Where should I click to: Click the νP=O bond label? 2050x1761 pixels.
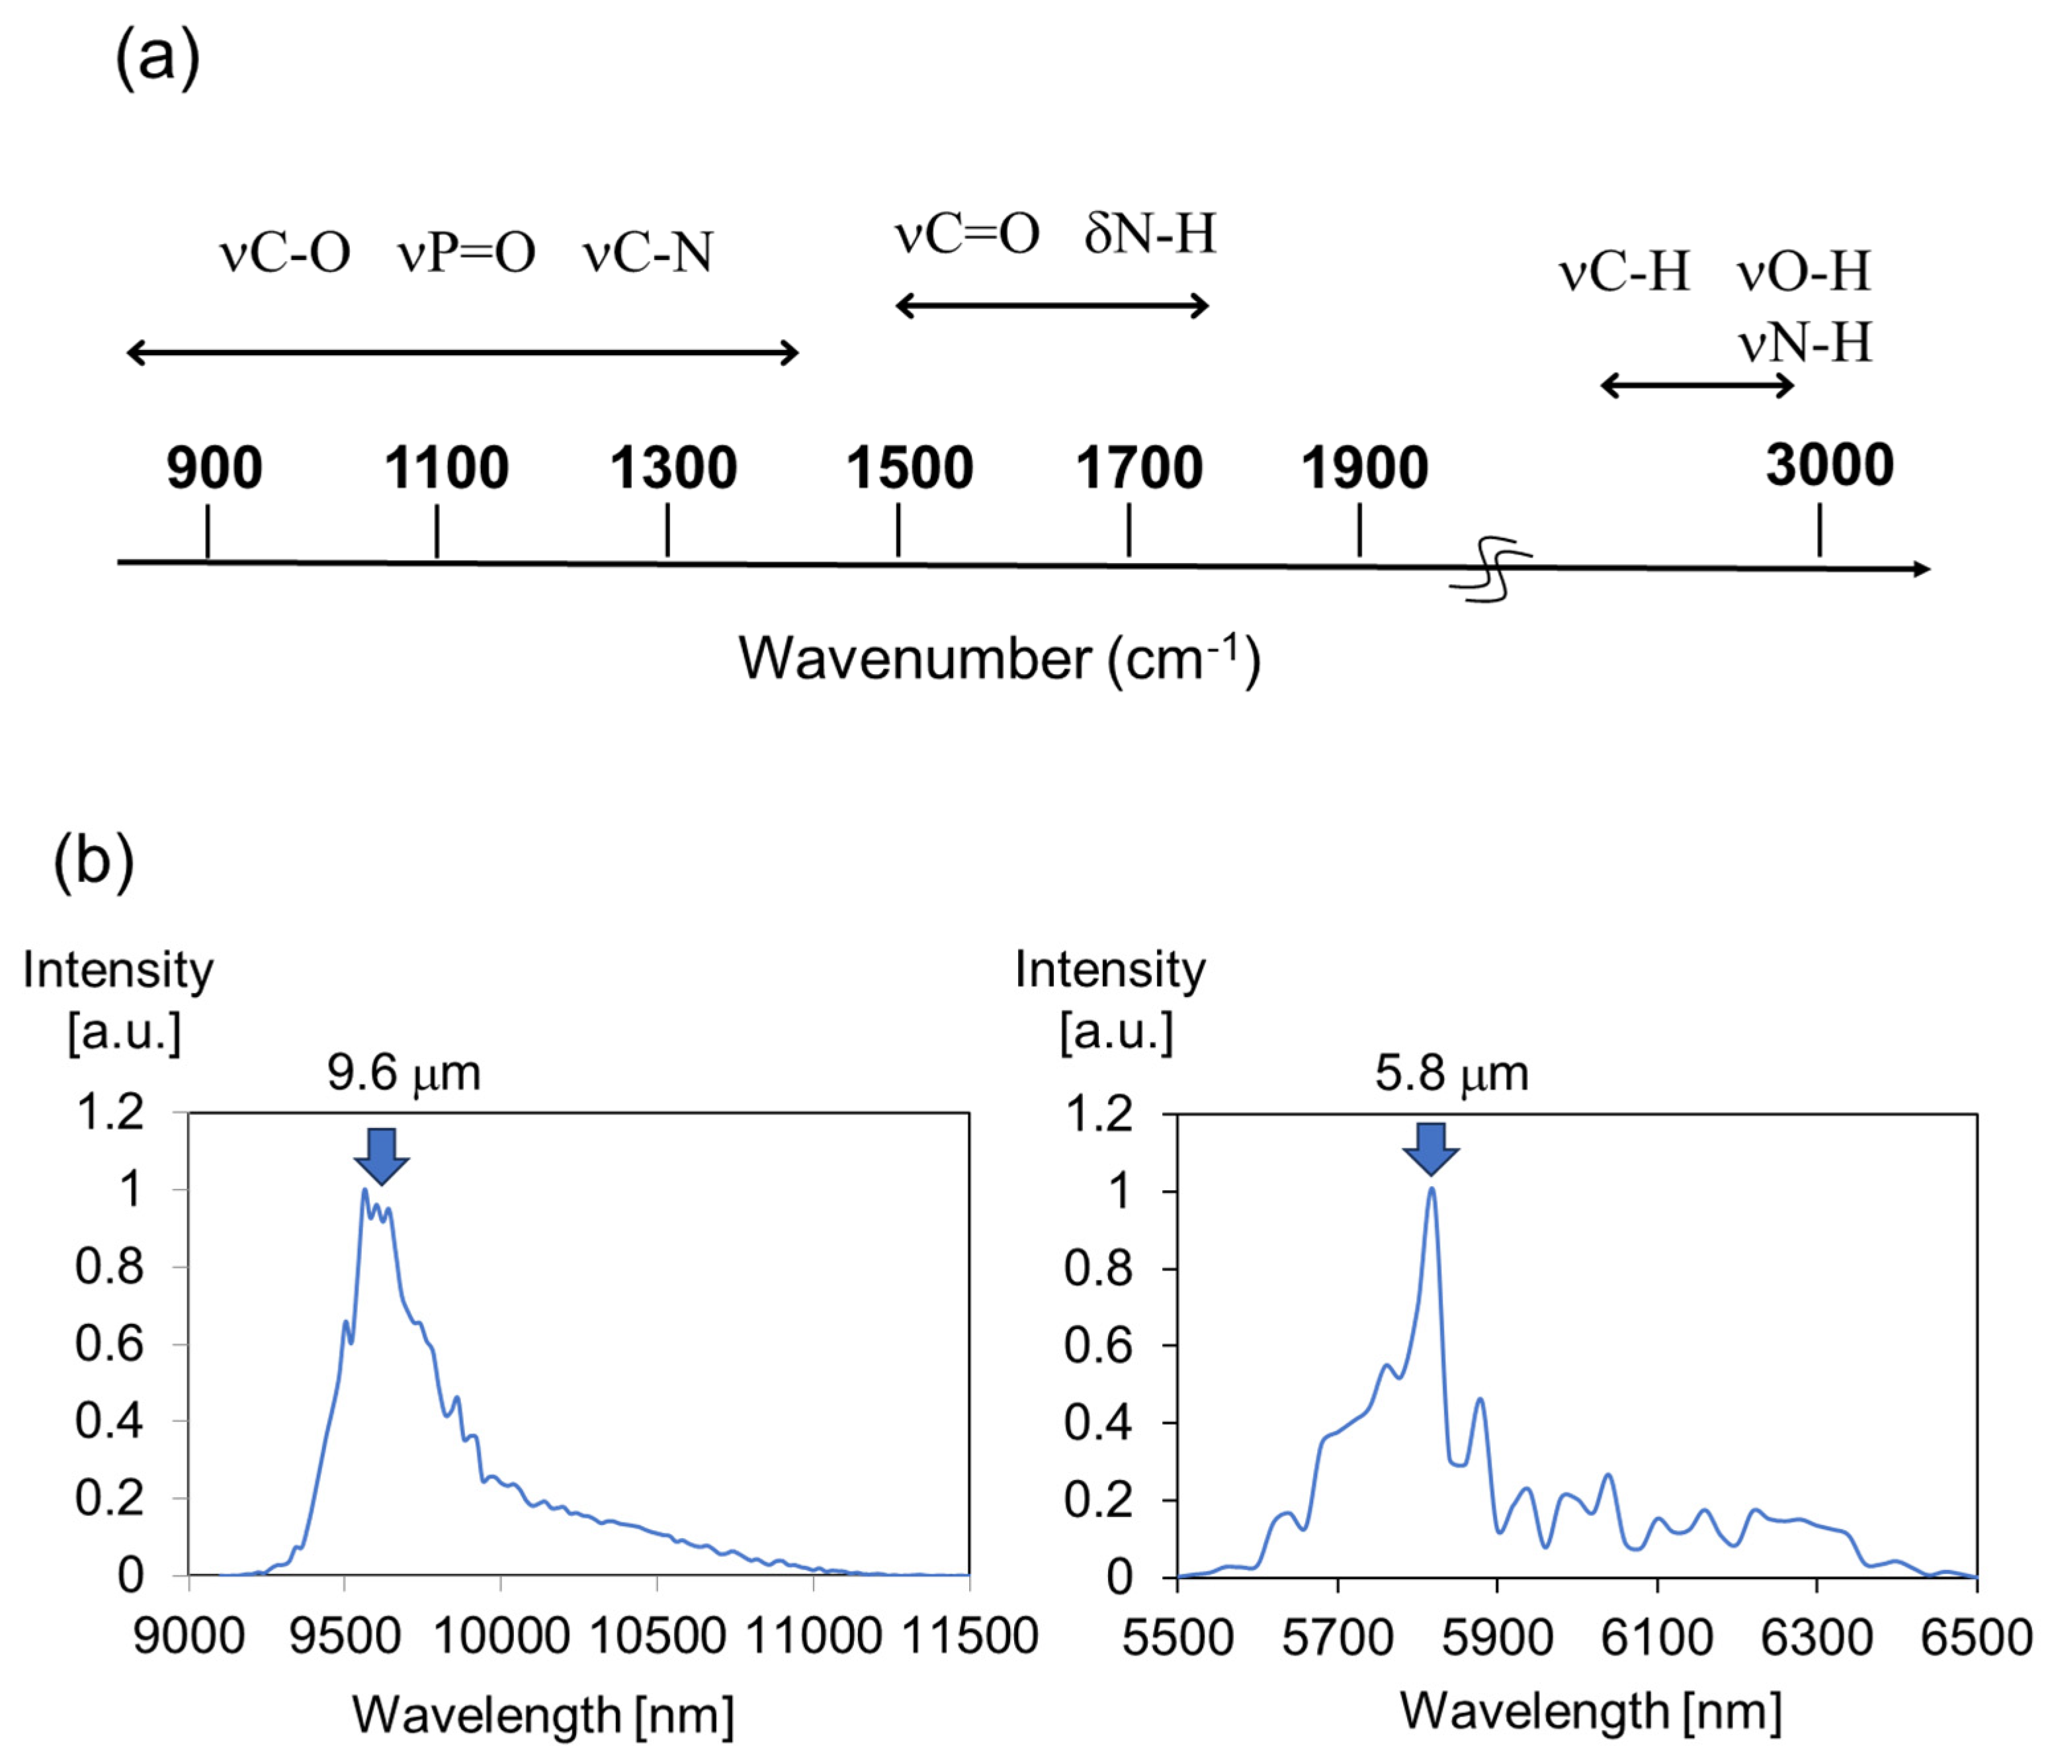tap(466, 253)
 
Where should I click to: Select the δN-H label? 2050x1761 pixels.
tap(1150, 234)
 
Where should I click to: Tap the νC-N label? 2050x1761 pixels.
tap(648, 253)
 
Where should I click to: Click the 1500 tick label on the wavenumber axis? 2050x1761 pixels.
tap(908, 468)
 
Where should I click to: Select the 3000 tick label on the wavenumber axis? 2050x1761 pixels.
tap(1829, 465)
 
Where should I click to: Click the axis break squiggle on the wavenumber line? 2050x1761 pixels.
tap(1491, 569)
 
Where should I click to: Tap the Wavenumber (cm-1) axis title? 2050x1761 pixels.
tap(1000, 659)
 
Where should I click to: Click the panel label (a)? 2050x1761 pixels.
tap(157, 58)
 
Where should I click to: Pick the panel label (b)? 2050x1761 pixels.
tap(93, 861)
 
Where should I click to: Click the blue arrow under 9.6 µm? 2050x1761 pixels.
tap(381, 1154)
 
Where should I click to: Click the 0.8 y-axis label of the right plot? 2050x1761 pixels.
tap(1098, 1267)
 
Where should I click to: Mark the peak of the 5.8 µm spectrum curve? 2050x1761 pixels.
tap(1431, 1190)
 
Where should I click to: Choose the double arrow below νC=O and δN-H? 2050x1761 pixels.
tap(1052, 306)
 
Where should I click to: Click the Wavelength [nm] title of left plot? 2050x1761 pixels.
tap(543, 1715)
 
